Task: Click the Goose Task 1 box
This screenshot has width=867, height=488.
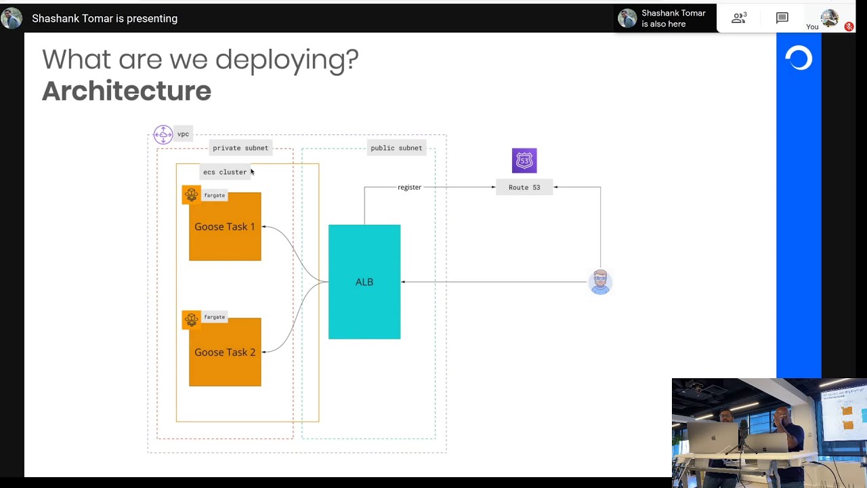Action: (225, 227)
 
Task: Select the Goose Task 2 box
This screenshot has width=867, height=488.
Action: (225, 352)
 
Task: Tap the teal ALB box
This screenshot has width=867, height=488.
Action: (364, 282)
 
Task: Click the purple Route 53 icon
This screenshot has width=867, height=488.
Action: (524, 161)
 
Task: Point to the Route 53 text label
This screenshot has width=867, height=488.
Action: (524, 187)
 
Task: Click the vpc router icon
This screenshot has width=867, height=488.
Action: (163, 134)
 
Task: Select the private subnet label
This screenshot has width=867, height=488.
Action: (240, 148)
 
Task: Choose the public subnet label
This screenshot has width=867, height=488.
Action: (396, 148)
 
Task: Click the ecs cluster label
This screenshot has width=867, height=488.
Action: (225, 172)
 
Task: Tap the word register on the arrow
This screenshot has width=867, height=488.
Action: (409, 187)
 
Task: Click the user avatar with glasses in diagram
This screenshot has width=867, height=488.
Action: (600, 282)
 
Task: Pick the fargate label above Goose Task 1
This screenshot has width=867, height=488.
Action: (215, 195)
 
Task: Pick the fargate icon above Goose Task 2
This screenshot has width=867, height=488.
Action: (192, 319)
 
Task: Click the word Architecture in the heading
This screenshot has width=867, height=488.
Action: (127, 91)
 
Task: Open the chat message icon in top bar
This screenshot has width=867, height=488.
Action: (782, 18)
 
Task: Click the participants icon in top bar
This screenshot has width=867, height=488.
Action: (738, 18)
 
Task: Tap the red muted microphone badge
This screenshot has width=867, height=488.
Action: (849, 26)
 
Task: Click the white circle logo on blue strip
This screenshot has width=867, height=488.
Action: (799, 59)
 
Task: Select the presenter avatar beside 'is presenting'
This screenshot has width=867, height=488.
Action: (12, 18)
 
